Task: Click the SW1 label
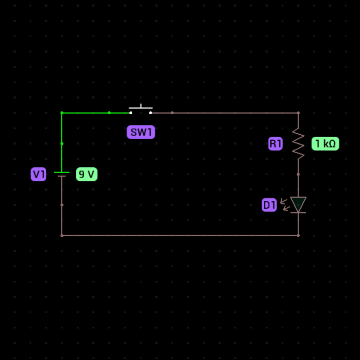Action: click(x=141, y=132)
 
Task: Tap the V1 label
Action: click(x=38, y=174)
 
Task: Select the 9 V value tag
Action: click(x=86, y=174)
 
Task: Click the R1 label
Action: click(x=275, y=144)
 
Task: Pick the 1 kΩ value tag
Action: click(x=325, y=144)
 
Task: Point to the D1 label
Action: click(x=269, y=205)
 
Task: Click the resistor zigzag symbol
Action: click(x=298, y=143)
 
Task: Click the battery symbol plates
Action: click(x=62, y=174)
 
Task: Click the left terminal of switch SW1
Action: click(x=131, y=113)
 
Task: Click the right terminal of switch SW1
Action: click(x=150, y=113)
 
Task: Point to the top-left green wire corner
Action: click(x=62, y=113)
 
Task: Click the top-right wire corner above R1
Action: click(x=298, y=113)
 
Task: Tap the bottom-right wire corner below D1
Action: click(x=298, y=235)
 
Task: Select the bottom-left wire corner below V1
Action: click(x=62, y=235)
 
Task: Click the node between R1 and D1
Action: click(x=298, y=174)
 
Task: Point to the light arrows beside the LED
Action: click(x=285, y=205)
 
